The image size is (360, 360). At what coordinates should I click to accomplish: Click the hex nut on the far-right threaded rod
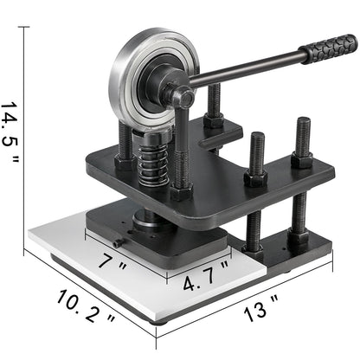(301, 159)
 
